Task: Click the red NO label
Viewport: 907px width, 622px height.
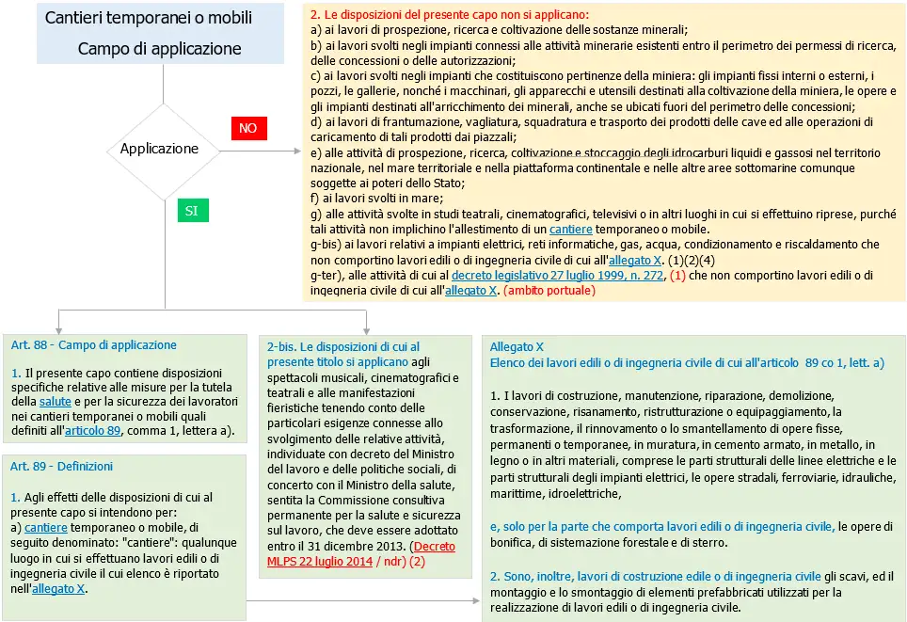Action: pyautogui.click(x=247, y=128)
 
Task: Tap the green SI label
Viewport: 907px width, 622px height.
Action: pyautogui.click(x=191, y=211)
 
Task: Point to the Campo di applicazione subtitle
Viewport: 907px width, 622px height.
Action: pyautogui.click(x=159, y=49)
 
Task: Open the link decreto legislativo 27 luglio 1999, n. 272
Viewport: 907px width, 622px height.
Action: pyautogui.click(x=557, y=276)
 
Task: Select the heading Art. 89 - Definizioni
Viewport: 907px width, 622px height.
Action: pyautogui.click(x=61, y=467)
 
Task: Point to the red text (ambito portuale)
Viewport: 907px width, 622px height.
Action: pyautogui.click(x=549, y=291)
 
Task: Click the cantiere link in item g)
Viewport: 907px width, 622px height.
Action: pyautogui.click(x=570, y=230)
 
